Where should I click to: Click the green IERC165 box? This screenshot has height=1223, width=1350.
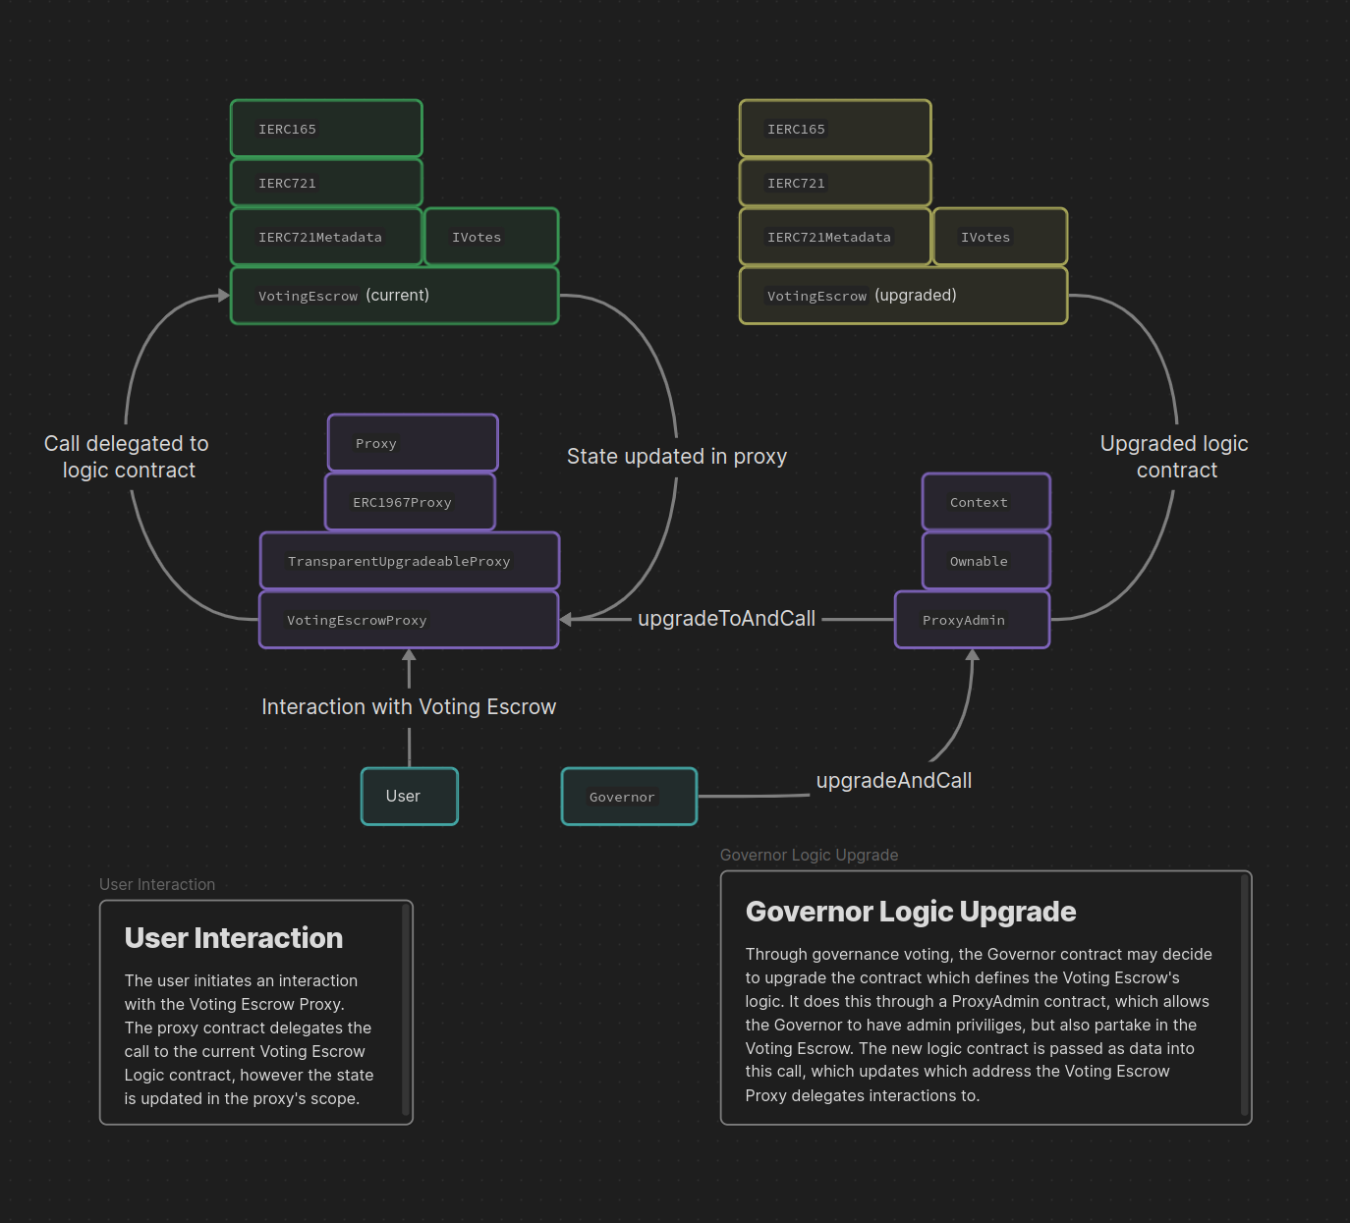tap(326, 129)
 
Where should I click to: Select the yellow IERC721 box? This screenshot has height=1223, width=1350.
tap(835, 183)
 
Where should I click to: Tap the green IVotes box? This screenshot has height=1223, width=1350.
tap(491, 237)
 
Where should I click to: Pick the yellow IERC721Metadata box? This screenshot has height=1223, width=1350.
tap(835, 237)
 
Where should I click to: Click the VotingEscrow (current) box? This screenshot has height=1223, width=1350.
tap(394, 296)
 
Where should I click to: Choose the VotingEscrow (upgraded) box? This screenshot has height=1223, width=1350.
tap(903, 296)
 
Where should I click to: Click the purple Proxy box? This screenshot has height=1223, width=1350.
tap(413, 443)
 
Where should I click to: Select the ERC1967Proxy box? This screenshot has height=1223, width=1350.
tap(410, 502)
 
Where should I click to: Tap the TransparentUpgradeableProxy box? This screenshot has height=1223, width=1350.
tap(409, 561)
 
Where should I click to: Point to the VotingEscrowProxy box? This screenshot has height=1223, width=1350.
tap(409, 620)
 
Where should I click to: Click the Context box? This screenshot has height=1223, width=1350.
tap(985, 502)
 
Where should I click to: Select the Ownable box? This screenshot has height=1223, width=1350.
tap(985, 561)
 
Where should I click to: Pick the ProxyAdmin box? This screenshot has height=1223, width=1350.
tap(972, 620)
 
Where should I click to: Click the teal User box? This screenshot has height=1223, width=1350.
tap(409, 797)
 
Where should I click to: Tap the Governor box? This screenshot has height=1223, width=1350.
tap(629, 797)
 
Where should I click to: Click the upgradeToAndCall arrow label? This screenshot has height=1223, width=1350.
tap(726, 619)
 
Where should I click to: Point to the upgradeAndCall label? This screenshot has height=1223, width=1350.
tap(894, 781)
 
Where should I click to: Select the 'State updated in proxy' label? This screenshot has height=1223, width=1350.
tap(676, 457)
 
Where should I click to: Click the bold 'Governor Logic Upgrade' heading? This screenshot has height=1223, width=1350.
tap(911, 912)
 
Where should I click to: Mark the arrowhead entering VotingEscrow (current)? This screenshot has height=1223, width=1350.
tap(224, 296)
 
